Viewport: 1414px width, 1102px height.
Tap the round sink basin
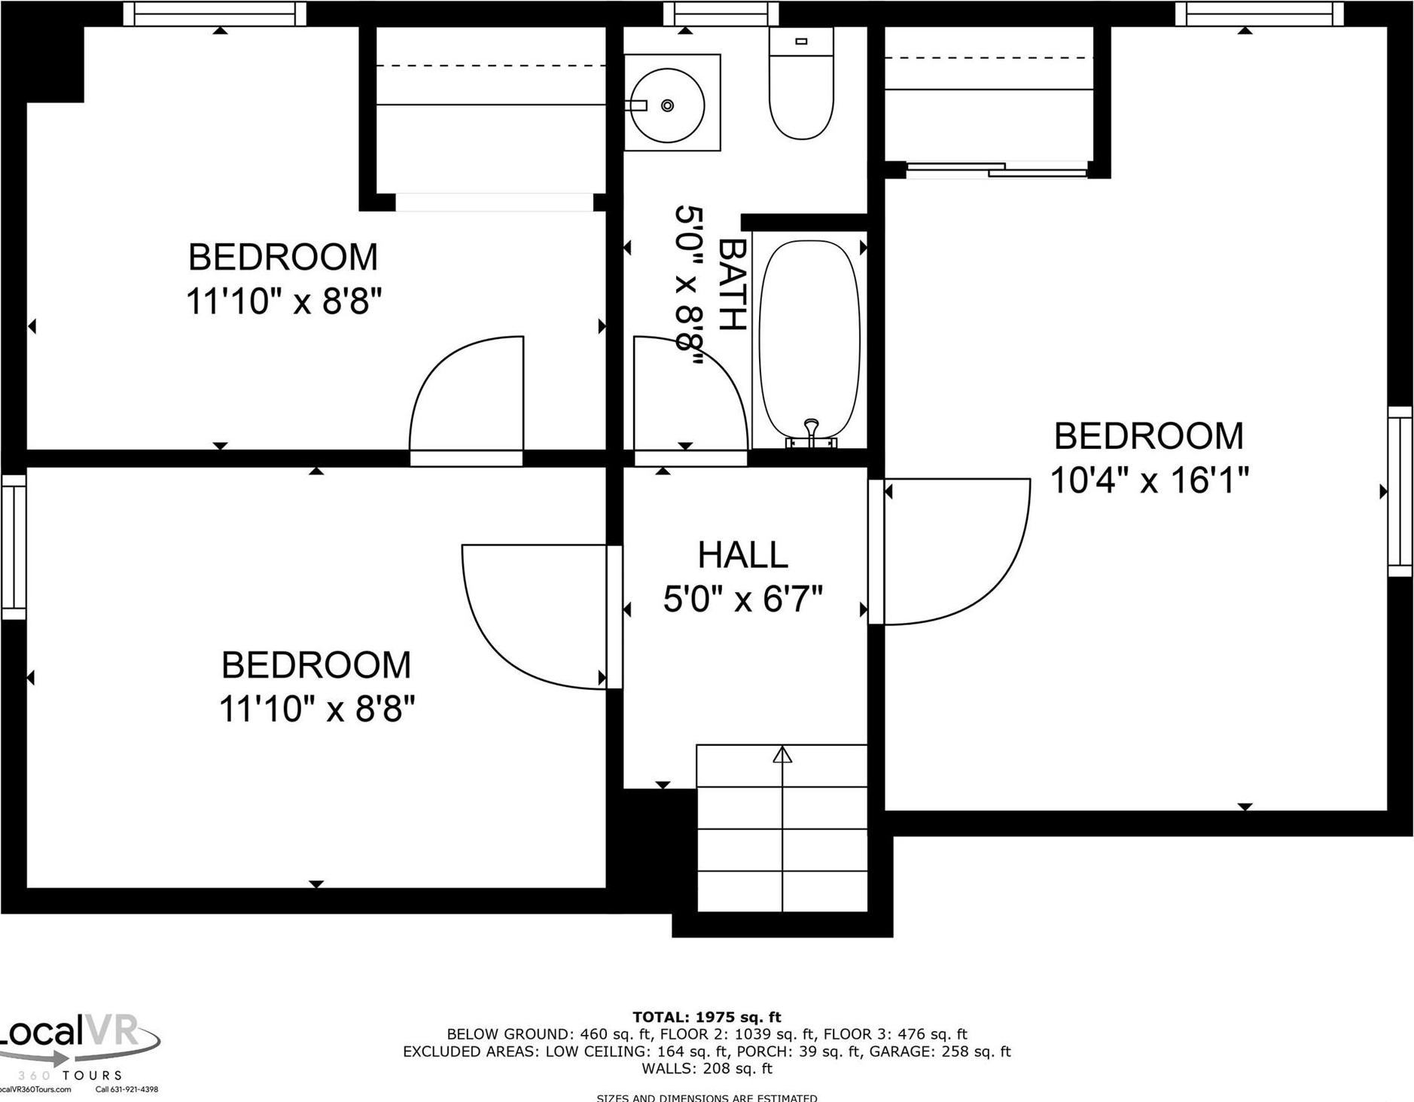point(666,105)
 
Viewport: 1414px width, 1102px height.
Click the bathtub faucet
point(811,430)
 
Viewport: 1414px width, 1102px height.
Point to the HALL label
point(742,556)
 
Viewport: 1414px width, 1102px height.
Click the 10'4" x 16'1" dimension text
point(1149,480)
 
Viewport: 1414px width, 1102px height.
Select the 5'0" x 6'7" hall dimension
point(742,600)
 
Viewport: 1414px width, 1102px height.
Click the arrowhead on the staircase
point(782,754)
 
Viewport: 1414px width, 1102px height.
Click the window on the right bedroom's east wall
point(1400,491)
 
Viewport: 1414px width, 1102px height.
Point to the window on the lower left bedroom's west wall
point(14,547)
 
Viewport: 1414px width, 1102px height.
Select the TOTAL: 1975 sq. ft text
point(706,1018)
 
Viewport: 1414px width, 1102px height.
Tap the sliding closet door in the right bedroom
point(996,169)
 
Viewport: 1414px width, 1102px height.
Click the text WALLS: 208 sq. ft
point(706,1068)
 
